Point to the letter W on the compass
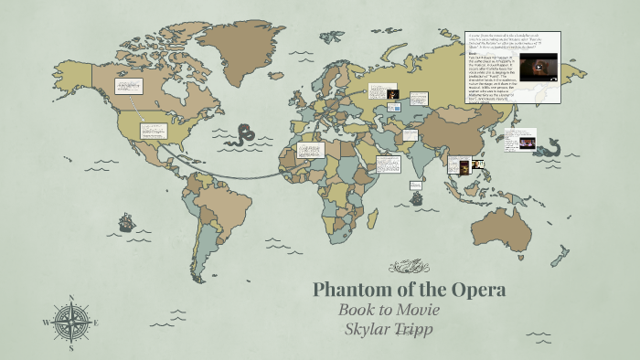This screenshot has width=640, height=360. click(46, 322)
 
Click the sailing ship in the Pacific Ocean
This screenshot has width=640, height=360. click(126, 222)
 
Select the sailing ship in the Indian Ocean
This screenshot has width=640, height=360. click(416, 196)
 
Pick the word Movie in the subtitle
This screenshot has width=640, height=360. click(420, 310)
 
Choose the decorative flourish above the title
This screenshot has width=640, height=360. click(409, 268)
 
